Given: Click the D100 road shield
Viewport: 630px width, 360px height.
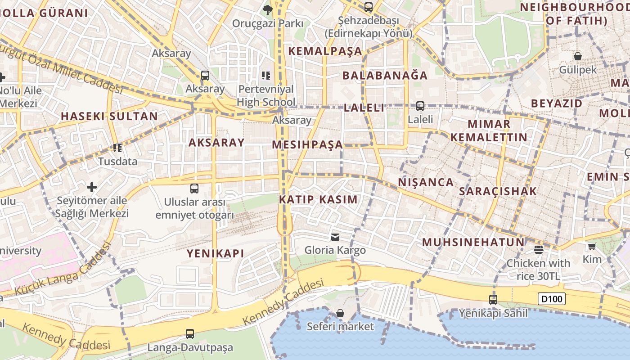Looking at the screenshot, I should coord(551,299).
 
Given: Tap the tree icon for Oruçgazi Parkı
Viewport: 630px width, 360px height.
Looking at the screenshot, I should coord(268,9).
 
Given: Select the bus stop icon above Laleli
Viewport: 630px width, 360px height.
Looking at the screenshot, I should coord(420,106).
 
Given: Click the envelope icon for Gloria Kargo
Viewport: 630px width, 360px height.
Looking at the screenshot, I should coord(335,237).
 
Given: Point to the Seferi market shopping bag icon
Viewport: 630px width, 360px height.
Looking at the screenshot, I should coord(340,313).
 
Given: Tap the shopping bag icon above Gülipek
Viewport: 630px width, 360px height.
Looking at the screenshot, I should coord(578,56).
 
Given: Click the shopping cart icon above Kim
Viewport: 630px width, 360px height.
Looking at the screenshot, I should coord(592,246).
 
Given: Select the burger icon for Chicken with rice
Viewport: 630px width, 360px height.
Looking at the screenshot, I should coord(538,249).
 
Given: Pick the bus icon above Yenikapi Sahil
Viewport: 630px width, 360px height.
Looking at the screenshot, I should coord(493,299).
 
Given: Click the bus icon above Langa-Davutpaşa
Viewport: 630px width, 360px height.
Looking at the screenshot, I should coord(190,334).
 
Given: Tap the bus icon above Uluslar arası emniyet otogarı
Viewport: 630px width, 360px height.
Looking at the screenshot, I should coord(194,189).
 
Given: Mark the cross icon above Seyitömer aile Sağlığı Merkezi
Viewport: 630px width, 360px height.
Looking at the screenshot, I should coord(92,187).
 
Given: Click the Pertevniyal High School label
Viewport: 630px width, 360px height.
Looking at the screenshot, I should coord(266,95).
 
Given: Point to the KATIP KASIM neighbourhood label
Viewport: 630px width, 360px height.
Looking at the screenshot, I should coord(319,199).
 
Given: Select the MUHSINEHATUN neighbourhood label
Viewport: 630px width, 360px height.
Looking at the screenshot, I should coord(473,242).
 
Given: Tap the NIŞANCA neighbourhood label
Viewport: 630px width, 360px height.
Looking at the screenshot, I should coord(426,182).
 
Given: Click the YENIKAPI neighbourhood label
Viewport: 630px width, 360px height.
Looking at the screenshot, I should coord(216,253).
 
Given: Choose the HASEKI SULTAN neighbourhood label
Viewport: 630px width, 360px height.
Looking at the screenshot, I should coord(109,116).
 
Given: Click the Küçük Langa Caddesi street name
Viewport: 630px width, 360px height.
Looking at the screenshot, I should coord(63,270).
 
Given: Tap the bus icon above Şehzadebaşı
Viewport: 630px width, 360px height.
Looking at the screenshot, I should coord(369,7).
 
